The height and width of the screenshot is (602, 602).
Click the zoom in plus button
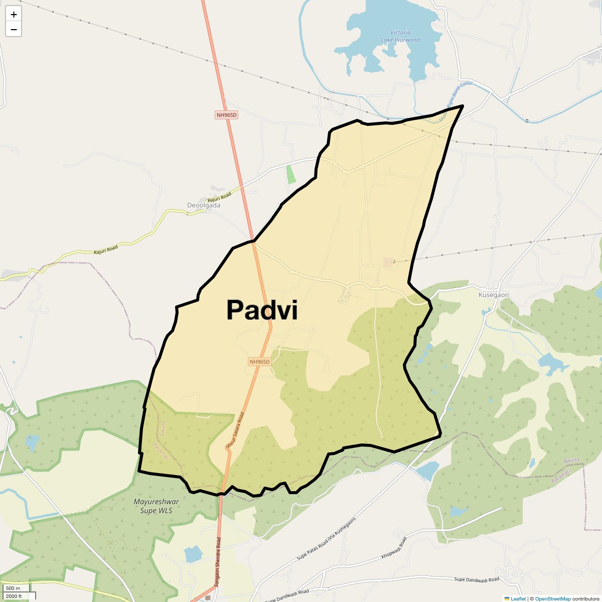[14, 15]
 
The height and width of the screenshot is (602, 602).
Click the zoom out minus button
[14, 29]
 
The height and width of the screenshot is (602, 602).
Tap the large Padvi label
[262, 310]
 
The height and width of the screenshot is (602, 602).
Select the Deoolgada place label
[204, 205]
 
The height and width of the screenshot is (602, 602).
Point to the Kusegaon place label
[494, 295]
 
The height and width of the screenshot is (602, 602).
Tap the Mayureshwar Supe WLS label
[156, 506]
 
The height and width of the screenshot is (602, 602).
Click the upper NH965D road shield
[226, 115]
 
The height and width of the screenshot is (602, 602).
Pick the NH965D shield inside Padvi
[259, 362]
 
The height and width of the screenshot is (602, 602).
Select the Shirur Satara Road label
[235, 430]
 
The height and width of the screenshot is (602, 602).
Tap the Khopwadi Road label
[394, 548]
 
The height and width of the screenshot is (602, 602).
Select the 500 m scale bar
[15, 588]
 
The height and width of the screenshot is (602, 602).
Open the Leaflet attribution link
[518, 598]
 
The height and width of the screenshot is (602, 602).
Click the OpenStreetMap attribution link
[552, 598]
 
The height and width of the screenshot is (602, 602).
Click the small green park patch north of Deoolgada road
[291, 174]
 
